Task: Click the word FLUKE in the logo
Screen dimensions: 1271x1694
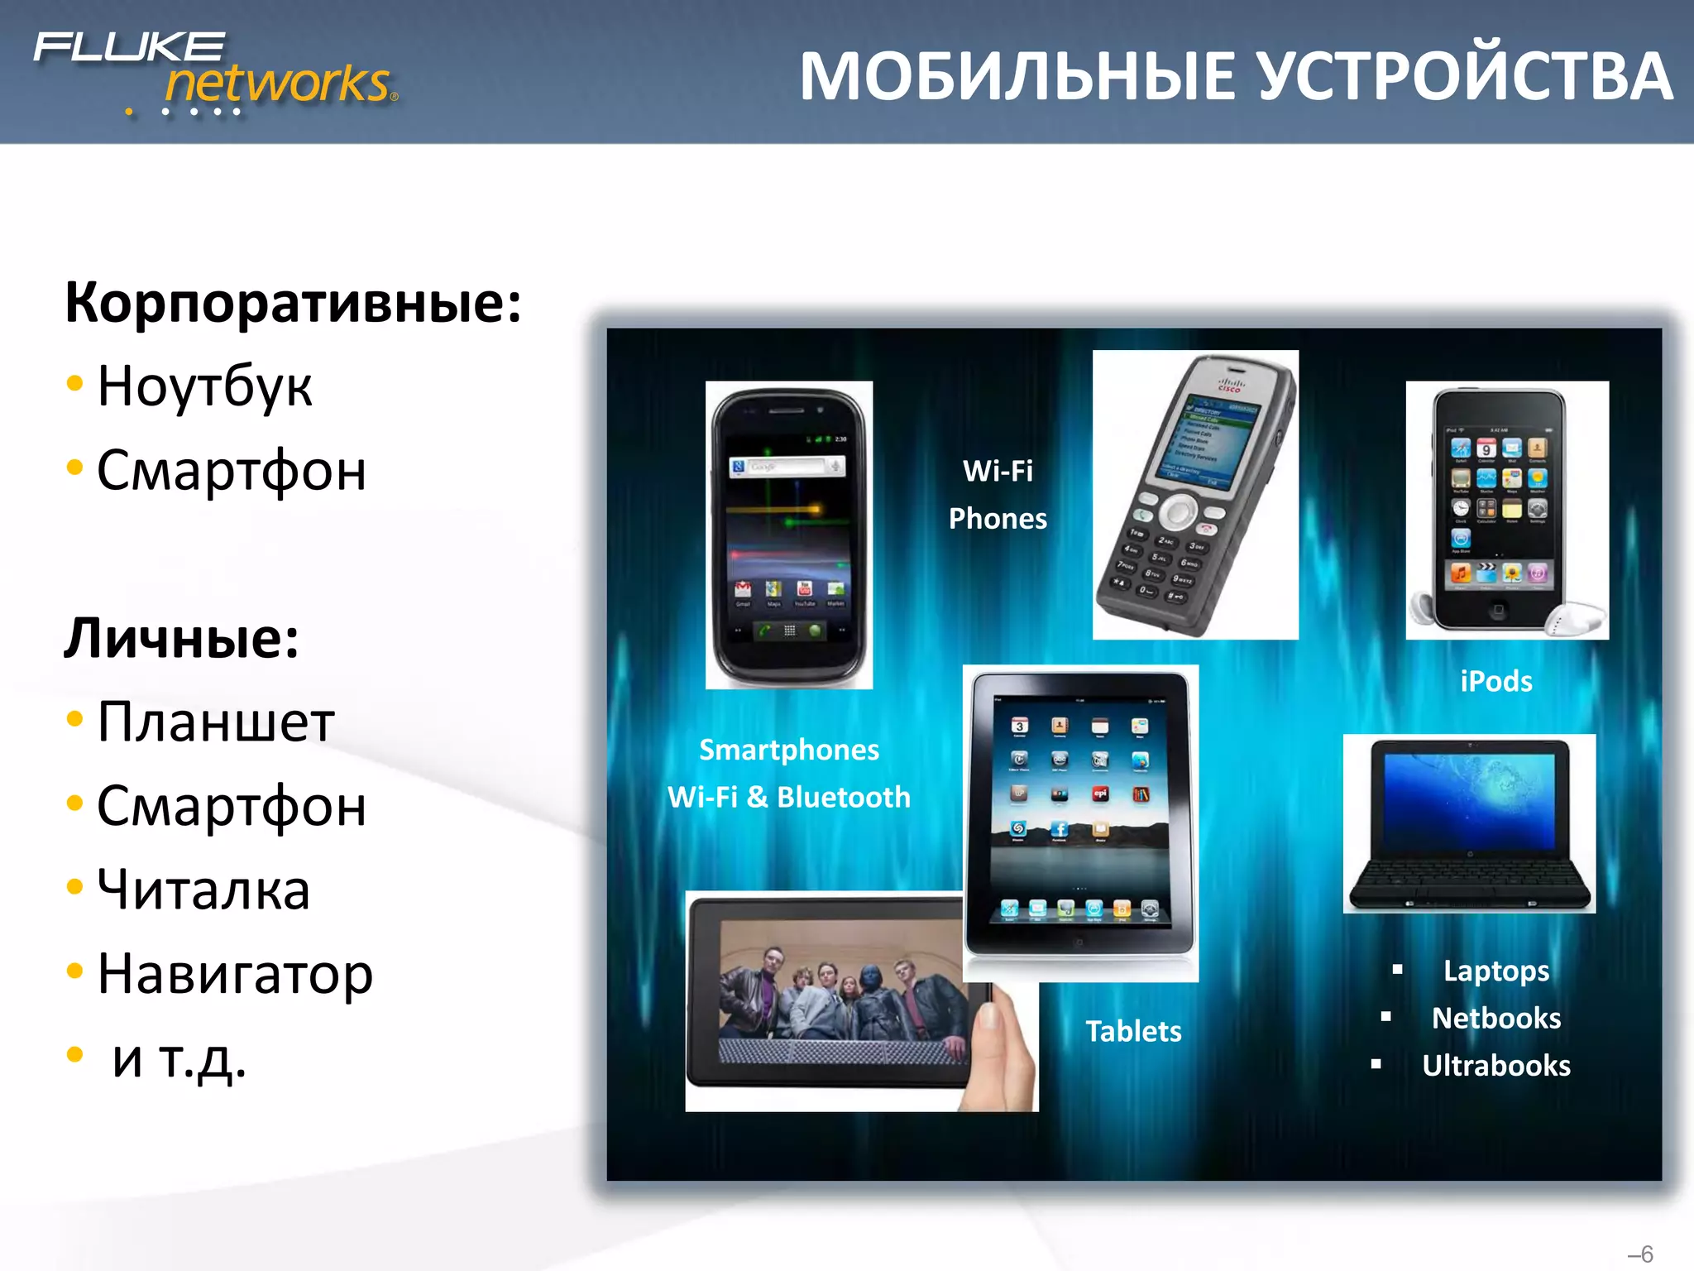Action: (129, 47)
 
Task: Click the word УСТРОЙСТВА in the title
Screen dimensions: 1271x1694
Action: (1464, 77)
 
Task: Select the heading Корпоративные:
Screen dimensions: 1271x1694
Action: (294, 303)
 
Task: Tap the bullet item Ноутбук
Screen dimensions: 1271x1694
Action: (204, 386)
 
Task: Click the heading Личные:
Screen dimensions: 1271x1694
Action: (182, 639)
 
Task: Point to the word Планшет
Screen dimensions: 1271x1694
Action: (216, 722)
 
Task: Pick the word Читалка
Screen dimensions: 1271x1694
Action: (203, 890)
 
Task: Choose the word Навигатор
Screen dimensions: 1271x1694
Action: (235, 974)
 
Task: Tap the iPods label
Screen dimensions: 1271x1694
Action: (1495, 682)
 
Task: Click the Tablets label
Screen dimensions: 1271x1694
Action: (1133, 1032)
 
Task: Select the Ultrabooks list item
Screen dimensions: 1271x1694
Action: (1495, 1066)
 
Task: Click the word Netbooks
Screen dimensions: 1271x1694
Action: (1495, 1019)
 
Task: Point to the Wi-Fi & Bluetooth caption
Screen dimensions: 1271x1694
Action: (789, 798)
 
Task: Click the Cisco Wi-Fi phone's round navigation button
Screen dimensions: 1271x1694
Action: (1177, 511)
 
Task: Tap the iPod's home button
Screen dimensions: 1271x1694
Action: (1498, 611)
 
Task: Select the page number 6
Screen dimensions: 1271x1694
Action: (1647, 1254)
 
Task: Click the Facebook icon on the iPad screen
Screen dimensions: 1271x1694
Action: (1059, 828)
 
